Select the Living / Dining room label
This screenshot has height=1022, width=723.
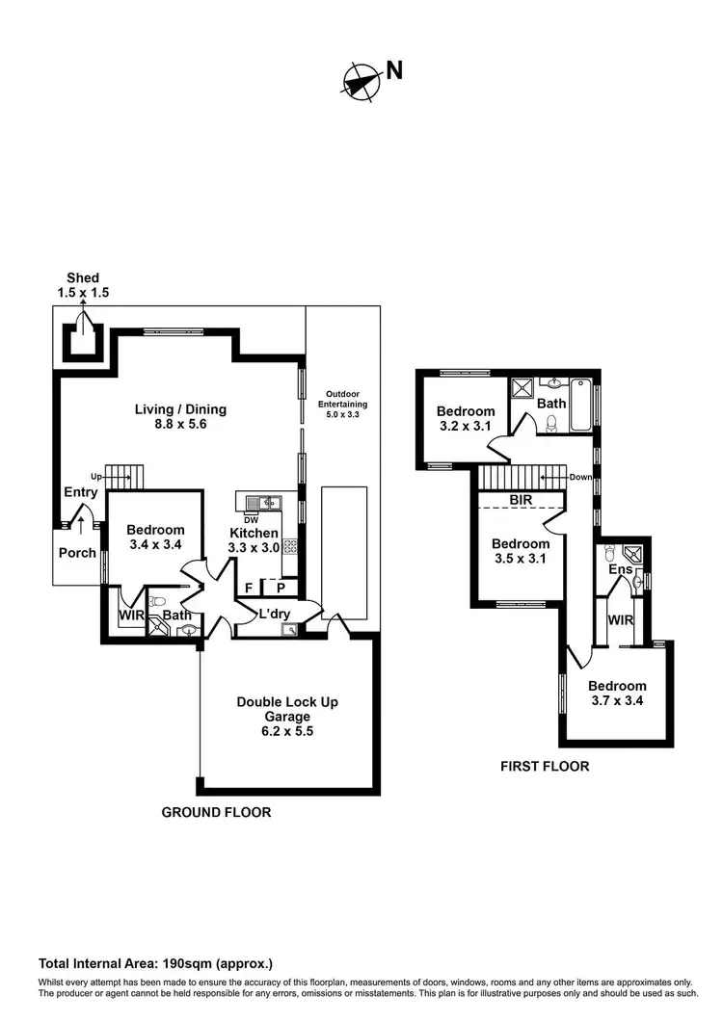coord(180,416)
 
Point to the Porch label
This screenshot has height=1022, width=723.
coord(77,553)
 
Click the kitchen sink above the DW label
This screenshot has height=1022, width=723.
coord(260,503)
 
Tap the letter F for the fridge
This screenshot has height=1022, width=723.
coord(249,588)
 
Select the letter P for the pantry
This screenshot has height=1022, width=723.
coord(281,588)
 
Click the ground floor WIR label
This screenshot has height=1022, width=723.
coord(130,614)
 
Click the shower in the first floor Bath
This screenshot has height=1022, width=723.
coord(525,387)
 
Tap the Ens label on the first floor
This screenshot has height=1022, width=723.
coord(620,570)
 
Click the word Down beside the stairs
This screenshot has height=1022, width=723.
coord(580,477)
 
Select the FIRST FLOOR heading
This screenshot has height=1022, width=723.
coord(544,767)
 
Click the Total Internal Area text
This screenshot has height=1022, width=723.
coord(155,963)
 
